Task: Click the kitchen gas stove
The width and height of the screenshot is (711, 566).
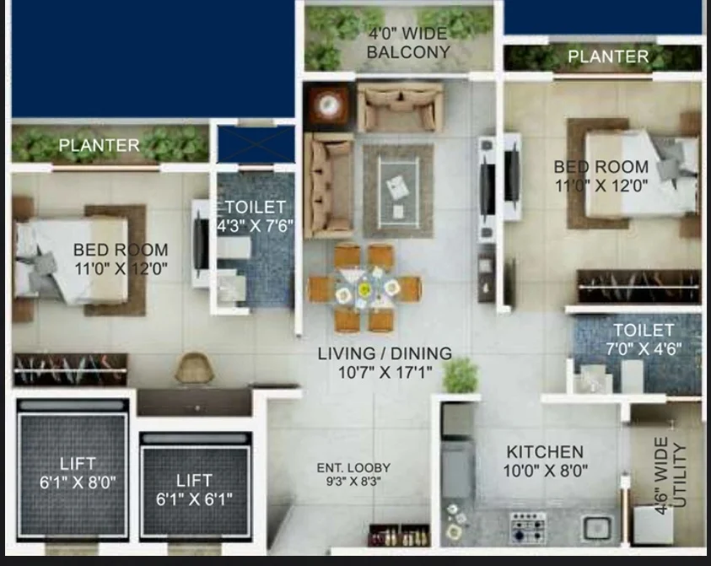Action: [528, 527]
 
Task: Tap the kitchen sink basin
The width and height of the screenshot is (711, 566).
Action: [597, 527]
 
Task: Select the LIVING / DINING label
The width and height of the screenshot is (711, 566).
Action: [385, 353]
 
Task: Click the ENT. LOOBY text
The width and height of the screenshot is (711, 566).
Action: [353, 467]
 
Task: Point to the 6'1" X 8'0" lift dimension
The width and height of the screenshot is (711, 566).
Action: [78, 482]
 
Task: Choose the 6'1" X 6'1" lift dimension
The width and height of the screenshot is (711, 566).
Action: [194, 499]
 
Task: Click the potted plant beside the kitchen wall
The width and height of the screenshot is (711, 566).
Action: [461, 375]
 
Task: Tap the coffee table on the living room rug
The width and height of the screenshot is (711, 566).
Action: [398, 191]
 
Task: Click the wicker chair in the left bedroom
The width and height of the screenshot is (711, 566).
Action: [194, 368]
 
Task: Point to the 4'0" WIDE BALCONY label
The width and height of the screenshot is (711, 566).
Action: [408, 43]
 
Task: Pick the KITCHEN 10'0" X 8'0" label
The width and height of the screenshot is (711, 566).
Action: [545, 461]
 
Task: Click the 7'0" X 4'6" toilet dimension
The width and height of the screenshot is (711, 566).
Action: [644, 348]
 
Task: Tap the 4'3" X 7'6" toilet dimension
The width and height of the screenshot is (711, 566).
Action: [256, 225]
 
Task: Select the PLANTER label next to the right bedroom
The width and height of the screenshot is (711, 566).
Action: [608, 57]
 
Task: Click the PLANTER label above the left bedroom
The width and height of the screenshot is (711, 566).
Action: [99, 145]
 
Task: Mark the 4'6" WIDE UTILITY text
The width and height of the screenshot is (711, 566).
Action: [671, 475]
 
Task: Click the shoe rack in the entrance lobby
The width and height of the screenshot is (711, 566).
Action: [399, 535]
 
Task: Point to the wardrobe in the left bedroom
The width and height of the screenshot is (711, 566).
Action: [71, 369]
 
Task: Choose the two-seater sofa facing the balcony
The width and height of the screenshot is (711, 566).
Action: [400, 108]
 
